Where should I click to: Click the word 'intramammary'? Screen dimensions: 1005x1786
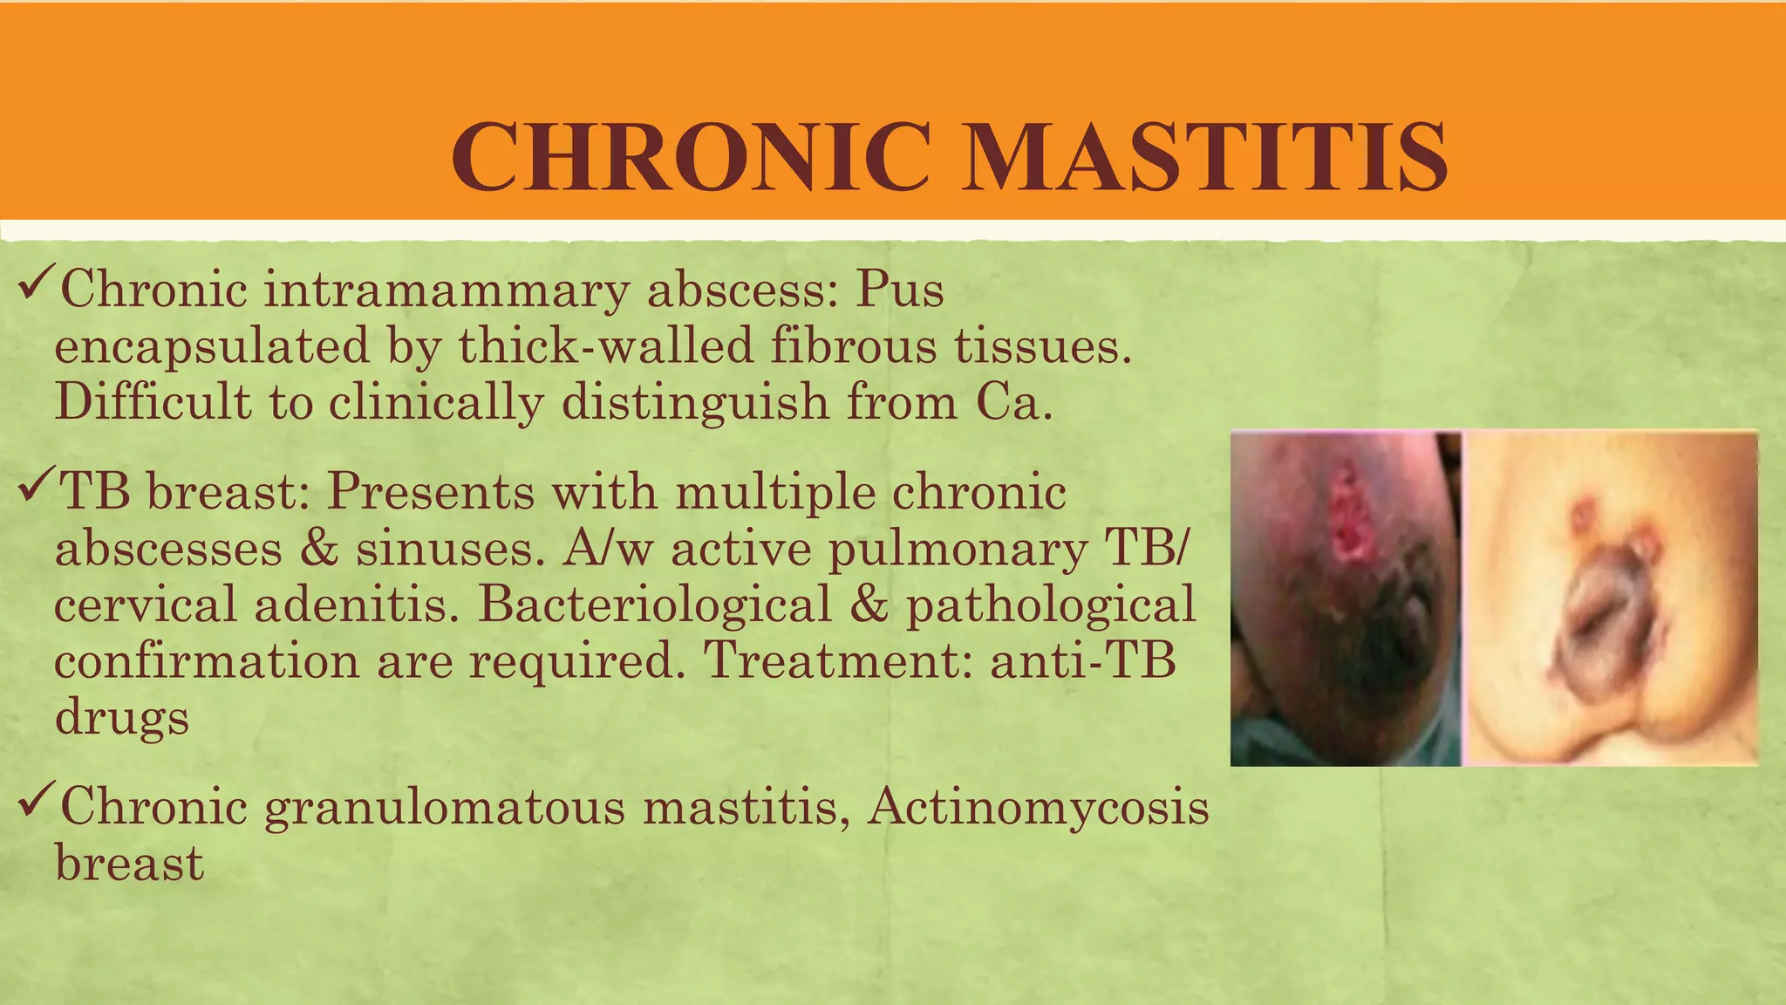click(446, 290)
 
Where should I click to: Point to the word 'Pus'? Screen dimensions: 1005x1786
click(899, 290)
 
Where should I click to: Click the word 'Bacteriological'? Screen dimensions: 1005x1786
click(654, 605)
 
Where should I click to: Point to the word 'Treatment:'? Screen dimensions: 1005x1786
click(837, 660)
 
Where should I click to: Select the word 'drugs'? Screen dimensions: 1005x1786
click(122, 718)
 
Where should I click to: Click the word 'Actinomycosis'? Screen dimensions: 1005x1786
click(1039, 808)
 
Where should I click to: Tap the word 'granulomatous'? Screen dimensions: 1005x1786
click(445, 808)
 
